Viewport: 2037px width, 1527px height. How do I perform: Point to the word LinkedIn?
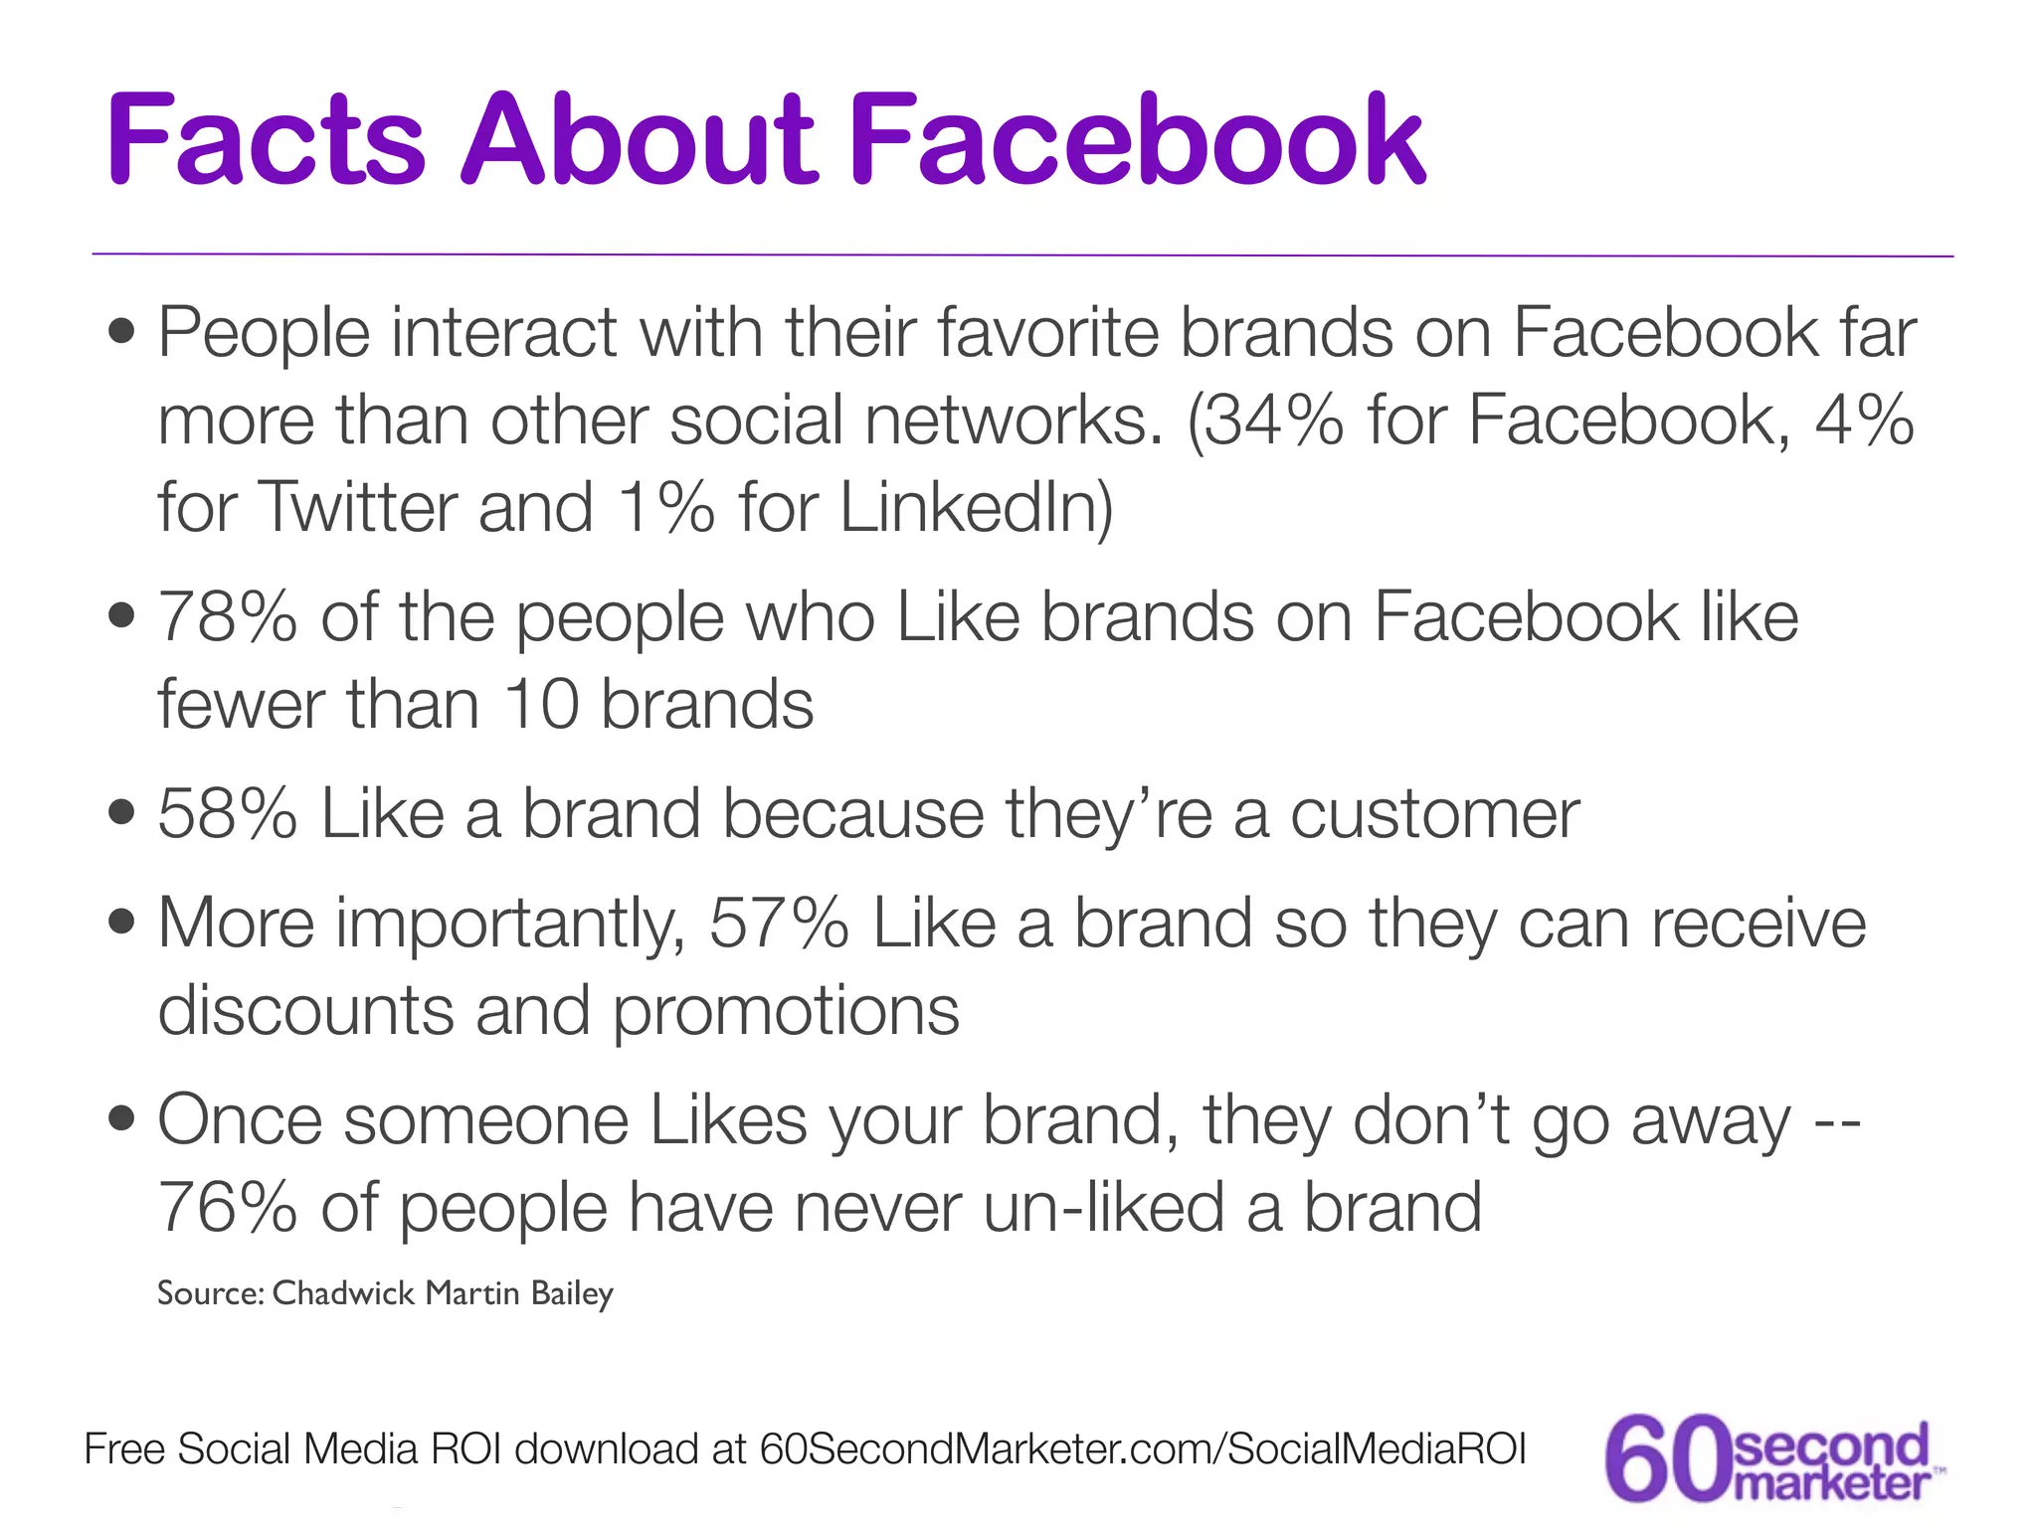(975, 507)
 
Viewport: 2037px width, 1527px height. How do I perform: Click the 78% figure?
(228, 617)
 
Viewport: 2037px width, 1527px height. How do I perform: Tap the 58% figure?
(228, 814)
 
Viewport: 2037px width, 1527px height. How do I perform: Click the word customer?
(1434, 814)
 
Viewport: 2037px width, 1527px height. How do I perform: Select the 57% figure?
(779, 924)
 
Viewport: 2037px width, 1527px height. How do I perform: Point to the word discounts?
(304, 1011)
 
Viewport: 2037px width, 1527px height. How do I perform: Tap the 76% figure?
(228, 1208)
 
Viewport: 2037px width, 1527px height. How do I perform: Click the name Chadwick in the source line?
(343, 1293)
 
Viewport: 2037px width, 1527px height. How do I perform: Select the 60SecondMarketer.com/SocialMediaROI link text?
(1143, 1449)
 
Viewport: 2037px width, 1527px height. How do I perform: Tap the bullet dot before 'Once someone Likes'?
(122, 1120)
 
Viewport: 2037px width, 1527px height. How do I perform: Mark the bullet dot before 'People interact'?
(122, 332)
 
